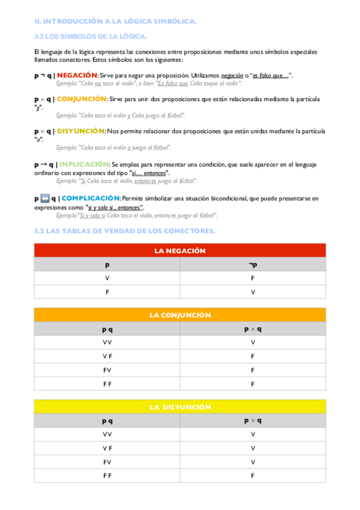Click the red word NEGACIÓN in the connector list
[x=81, y=75]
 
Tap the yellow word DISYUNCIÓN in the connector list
[x=81, y=131]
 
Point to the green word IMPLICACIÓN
[x=84, y=164]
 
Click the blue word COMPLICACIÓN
[x=91, y=198]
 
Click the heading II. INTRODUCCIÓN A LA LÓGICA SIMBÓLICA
[x=115, y=22]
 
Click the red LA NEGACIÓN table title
[x=180, y=250]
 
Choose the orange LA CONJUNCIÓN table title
[x=180, y=315]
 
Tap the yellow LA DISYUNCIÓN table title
[x=180, y=407]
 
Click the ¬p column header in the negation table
[x=252, y=265]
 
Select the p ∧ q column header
[x=252, y=330]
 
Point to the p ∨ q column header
[x=252, y=421]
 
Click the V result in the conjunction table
[x=252, y=343]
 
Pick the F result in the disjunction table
[x=252, y=476]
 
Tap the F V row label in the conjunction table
[x=107, y=370]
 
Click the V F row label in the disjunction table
[x=107, y=448]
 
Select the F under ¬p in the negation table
[x=252, y=278]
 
